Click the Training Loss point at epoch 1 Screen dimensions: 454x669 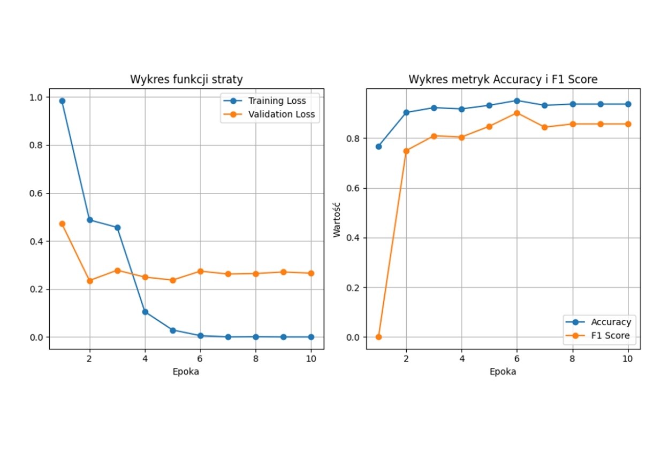[x=62, y=101]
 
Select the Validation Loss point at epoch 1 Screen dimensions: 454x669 [x=62, y=224]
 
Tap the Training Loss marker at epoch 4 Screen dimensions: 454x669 [x=145, y=312]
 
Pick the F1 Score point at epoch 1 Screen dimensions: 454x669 [x=378, y=337]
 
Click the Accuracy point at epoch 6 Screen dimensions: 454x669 [x=517, y=101]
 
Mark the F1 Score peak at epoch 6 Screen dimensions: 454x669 [x=517, y=113]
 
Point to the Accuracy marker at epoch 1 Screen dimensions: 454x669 [x=378, y=147]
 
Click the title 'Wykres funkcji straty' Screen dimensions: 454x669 [x=186, y=80]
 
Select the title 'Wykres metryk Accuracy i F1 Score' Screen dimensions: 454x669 [x=503, y=80]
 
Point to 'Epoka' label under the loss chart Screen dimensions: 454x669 [x=186, y=372]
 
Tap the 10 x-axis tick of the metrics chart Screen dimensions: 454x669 [x=628, y=359]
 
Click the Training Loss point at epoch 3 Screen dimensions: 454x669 [x=117, y=227]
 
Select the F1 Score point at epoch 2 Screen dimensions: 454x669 [x=406, y=151]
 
